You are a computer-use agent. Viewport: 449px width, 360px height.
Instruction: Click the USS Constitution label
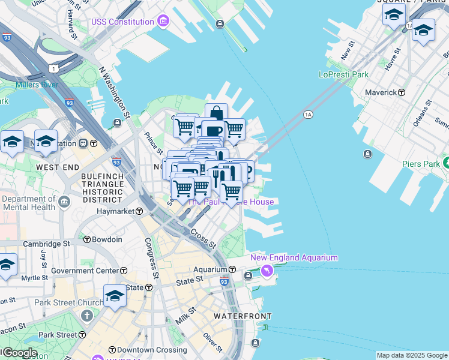click(122, 22)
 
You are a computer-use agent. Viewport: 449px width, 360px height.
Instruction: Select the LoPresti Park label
click(343, 75)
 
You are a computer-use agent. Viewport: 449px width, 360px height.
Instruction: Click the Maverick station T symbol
click(402, 93)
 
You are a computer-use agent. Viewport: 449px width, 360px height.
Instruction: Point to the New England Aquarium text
click(294, 258)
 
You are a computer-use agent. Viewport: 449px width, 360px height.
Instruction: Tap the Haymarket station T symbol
click(139, 212)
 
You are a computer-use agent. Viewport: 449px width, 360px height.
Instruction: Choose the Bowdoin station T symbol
click(87, 240)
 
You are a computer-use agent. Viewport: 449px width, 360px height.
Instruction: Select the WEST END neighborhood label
click(58, 166)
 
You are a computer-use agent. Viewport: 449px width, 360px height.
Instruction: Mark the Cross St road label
click(203, 238)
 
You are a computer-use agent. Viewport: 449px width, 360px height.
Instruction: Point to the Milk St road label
click(187, 316)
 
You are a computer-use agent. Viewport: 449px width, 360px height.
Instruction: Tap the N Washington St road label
click(115, 91)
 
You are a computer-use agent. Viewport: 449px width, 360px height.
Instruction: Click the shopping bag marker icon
click(216, 113)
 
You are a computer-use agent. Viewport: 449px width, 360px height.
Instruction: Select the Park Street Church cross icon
click(87, 316)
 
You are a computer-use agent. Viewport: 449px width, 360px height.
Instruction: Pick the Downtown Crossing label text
click(144, 350)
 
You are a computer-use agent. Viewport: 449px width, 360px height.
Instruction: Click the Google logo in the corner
click(20, 353)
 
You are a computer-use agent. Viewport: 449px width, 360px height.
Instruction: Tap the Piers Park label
click(420, 163)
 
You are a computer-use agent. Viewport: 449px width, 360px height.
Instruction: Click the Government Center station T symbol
click(124, 271)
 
